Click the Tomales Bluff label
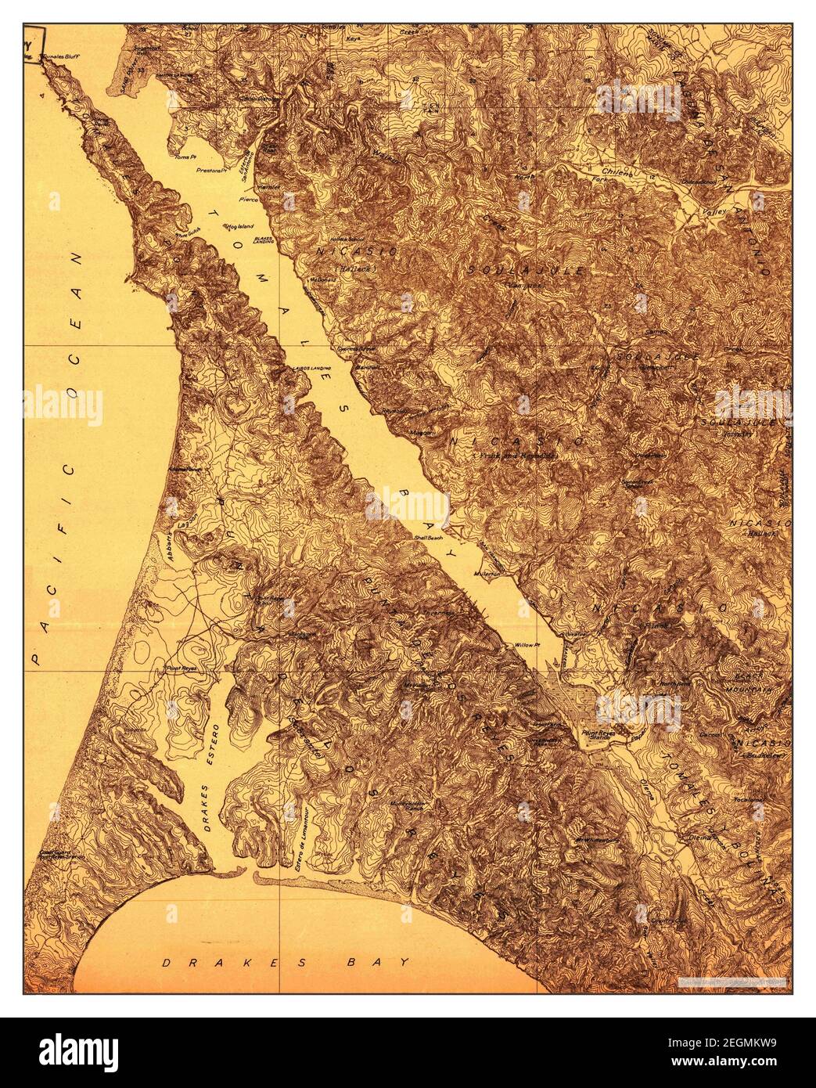point(63,58)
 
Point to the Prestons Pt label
point(210,170)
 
